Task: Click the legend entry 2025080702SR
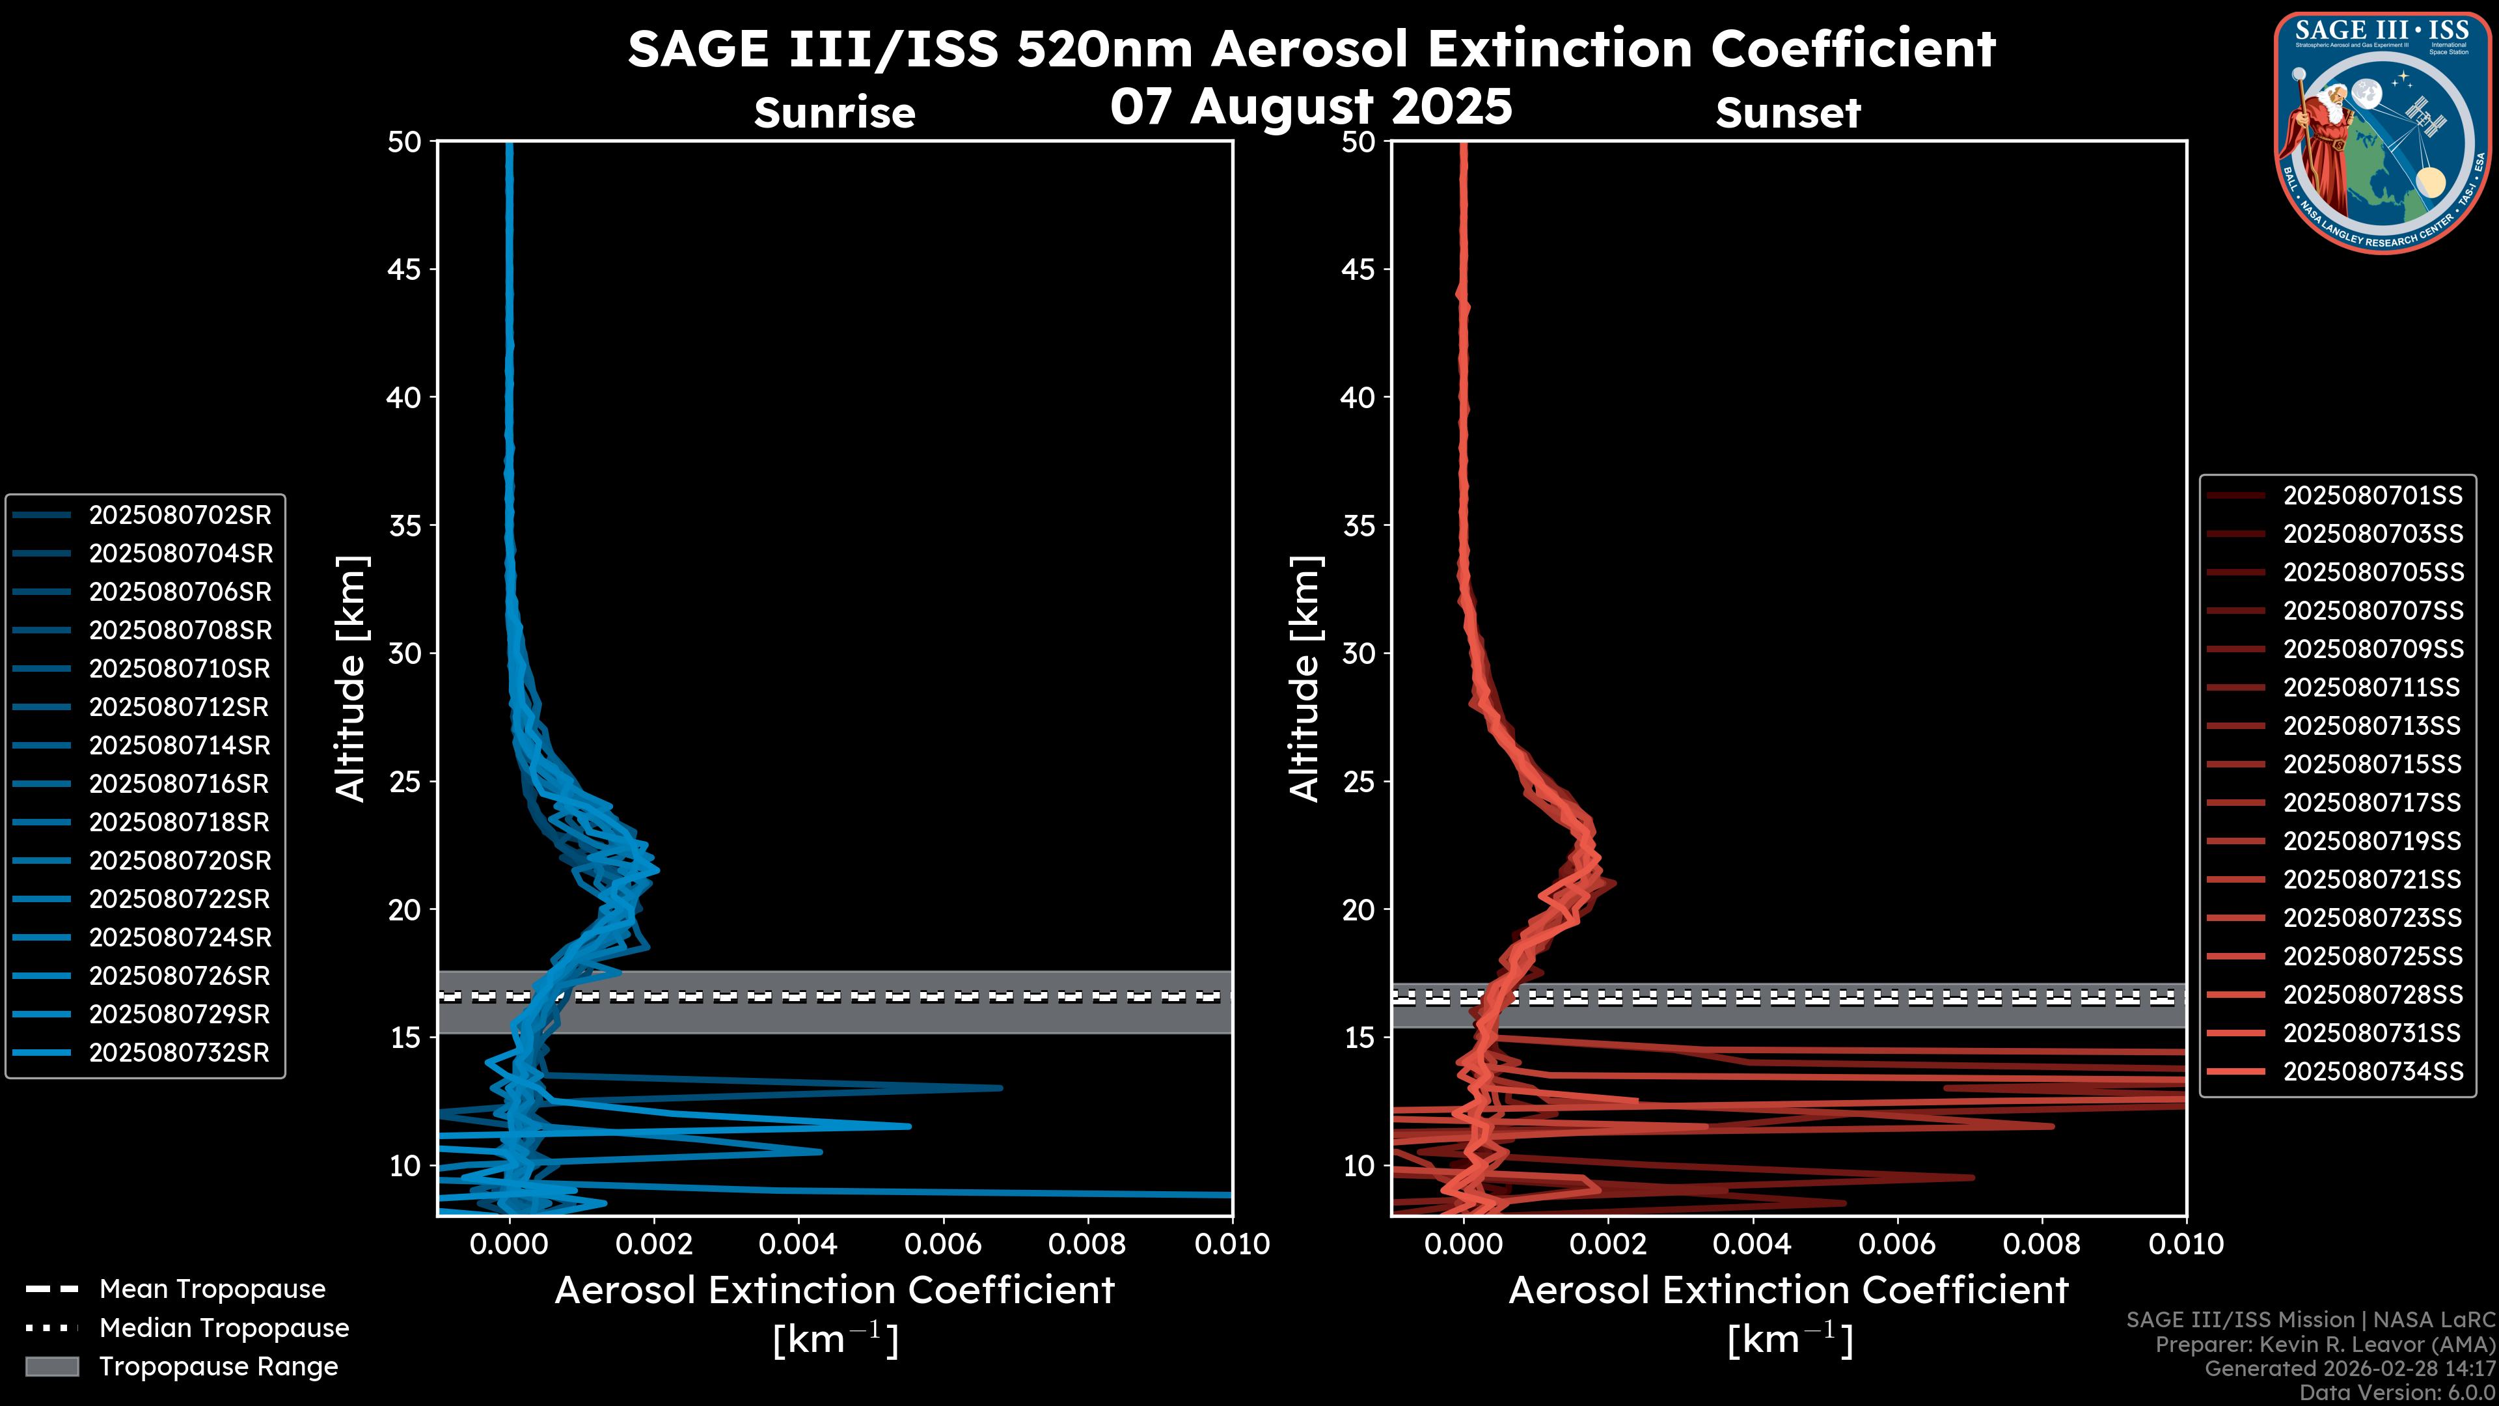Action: (180, 516)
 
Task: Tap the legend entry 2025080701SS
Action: (2372, 496)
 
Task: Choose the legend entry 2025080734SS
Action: (2372, 1071)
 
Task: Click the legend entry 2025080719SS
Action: (2372, 840)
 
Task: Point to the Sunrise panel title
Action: (834, 113)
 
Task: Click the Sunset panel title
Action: (1788, 113)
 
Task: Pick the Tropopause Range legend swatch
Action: (52, 1366)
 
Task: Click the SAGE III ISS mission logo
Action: (2386, 133)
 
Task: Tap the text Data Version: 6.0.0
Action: (2398, 1394)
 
